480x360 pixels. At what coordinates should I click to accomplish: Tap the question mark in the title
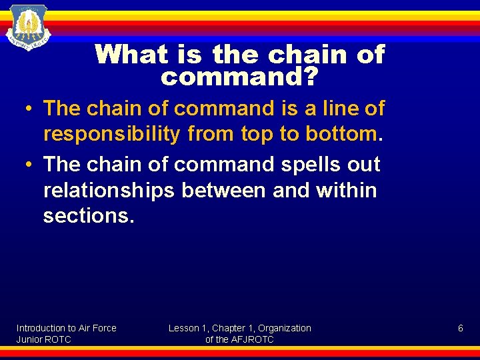[x=311, y=78]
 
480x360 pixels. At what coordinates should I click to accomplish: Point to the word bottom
[x=341, y=134]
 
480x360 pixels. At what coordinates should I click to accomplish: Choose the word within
[x=346, y=191]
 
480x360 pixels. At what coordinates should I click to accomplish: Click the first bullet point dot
[x=31, y=108]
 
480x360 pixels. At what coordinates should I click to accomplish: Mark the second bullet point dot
[x=31, y=164]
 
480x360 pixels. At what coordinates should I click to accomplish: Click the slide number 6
[x=460, y=328]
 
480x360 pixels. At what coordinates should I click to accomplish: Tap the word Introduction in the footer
[x=41, y=328]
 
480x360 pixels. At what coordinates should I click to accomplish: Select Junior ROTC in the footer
[x=43, y=339]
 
